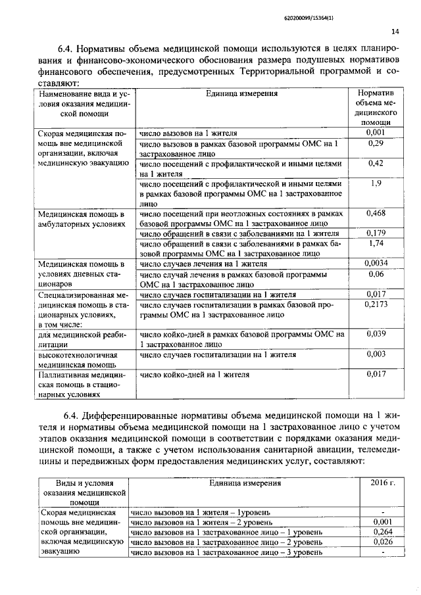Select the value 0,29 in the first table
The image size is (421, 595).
[x=375, y=143]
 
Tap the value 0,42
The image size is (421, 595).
[x=375, y=162]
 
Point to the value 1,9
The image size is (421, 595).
[x=375, y=183]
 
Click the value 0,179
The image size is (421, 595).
[x=375, y=233]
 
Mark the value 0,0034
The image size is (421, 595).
[x=375, y=264]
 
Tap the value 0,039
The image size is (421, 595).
[x=375, y=333]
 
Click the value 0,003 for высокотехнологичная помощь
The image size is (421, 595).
[x=375, y=354]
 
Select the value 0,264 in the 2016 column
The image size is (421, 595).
[x=383, y=532]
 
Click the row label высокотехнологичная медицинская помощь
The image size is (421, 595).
[x=77, y=359]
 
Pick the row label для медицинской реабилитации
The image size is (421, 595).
[x=77, y=339]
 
